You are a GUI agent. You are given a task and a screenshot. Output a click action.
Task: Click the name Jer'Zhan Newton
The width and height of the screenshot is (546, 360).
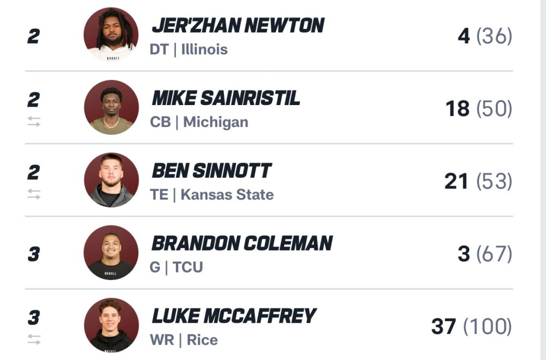click(x=238, y=26)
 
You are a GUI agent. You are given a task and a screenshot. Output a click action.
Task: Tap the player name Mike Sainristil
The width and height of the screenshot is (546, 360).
click(x=226, y=98)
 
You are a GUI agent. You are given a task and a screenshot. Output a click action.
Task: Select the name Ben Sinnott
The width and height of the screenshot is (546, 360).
click(x=212, y=171)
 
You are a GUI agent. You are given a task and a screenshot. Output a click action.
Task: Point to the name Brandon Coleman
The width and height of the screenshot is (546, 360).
click(x=242, y=243)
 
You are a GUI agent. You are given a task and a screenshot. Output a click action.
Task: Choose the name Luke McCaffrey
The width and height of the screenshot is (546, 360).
click(x=234, y=316)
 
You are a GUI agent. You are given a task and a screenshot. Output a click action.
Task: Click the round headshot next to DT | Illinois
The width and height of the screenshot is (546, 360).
click(x=111, y=35)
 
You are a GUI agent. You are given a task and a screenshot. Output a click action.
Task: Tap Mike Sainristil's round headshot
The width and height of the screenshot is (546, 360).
click(x=111, y=107)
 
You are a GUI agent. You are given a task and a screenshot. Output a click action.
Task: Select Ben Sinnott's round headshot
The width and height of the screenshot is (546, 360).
click(x=111, y=180)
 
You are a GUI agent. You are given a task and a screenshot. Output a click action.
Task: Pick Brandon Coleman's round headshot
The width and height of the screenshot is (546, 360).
click(x=111, y=252)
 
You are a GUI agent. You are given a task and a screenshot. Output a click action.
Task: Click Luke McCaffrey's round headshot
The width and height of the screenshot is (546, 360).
click(x=111, y=325)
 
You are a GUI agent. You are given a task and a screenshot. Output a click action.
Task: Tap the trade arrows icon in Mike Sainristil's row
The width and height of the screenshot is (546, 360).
click(x=34, y=122)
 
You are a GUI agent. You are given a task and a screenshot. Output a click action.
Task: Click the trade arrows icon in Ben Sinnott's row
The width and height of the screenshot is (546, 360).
click(x=34, y=195)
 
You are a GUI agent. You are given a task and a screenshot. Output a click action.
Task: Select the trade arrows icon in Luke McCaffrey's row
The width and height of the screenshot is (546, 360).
click(x=34, y=340)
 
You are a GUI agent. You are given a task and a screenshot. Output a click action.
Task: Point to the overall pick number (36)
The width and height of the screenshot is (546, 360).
click(x=494, y=37)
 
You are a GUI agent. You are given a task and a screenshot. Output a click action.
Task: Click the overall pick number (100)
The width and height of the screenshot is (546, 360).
click(x=487, y=327)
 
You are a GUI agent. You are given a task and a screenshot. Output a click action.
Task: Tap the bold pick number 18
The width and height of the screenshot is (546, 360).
click(x=457, y=109)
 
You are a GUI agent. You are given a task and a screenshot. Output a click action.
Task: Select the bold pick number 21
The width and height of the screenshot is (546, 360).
click(x=456, y=182)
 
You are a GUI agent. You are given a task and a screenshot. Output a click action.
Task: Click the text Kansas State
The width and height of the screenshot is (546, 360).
click(x=227, y=195)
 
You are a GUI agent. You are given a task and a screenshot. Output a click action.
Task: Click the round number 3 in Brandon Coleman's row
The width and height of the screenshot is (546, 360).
click(x=34, y=254)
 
